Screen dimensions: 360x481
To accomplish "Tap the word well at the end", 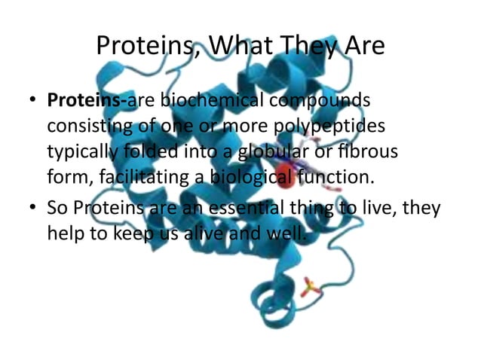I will tap(286, 233).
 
